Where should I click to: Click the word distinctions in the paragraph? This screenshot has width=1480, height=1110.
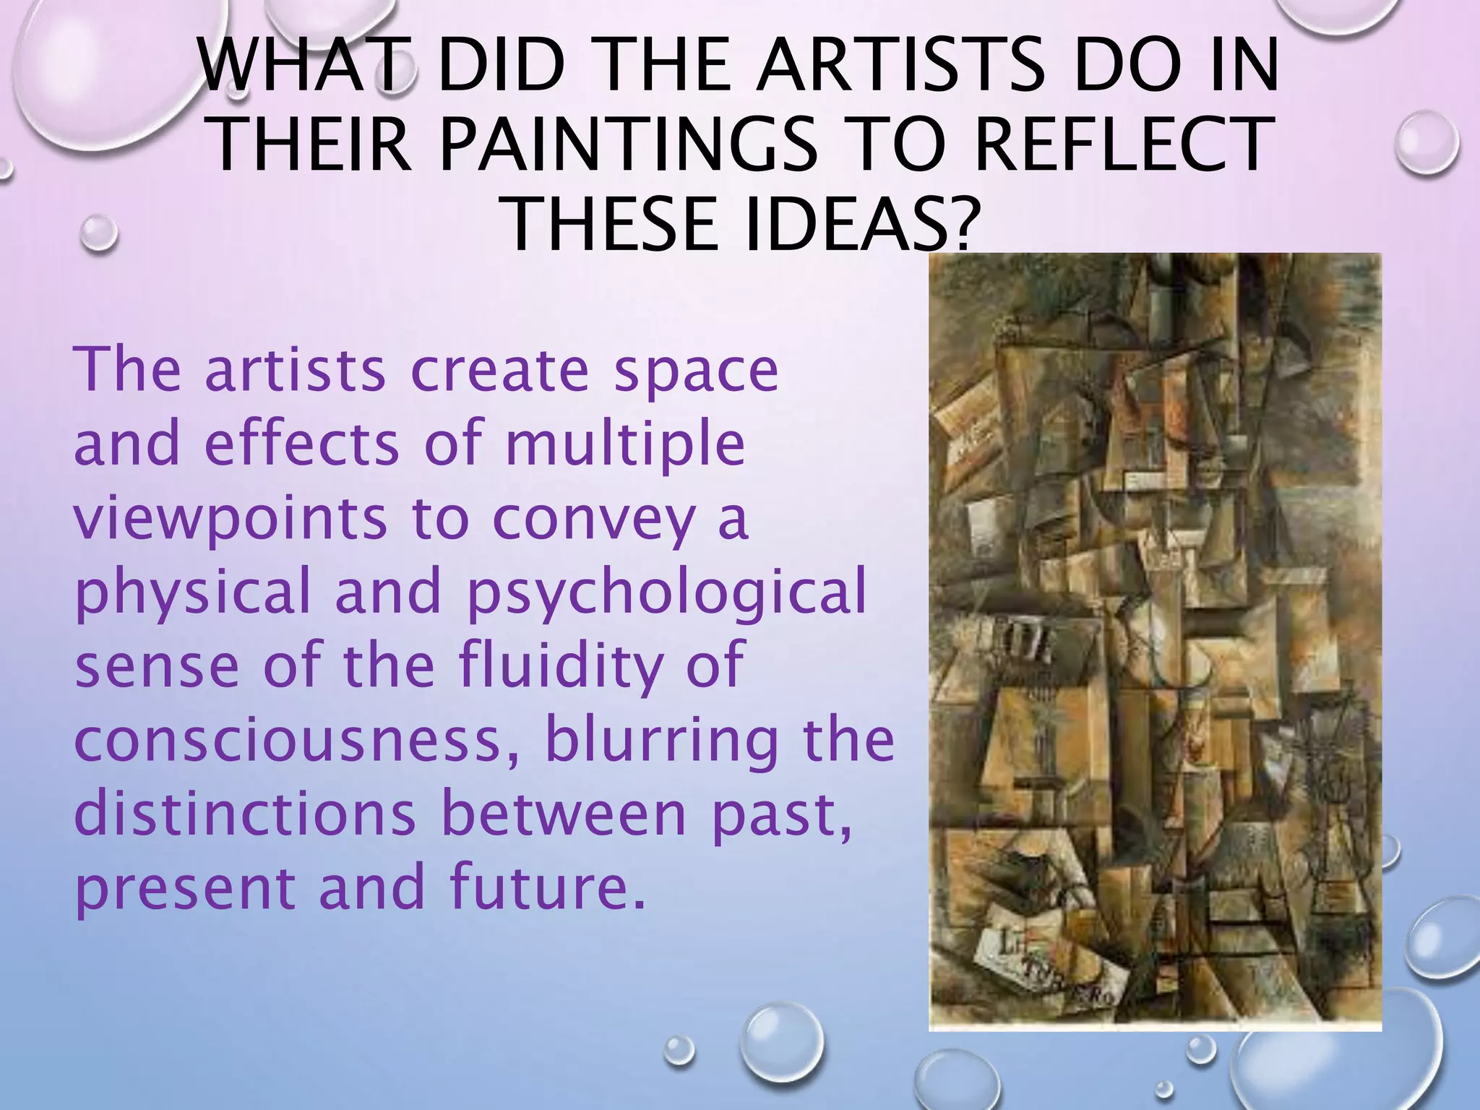point(245,814)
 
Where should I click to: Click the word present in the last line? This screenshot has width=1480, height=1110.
point(184,888)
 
